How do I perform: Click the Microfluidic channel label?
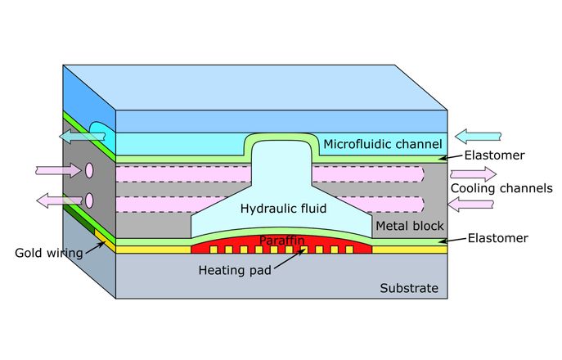tap(382, 145)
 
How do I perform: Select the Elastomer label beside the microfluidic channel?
tap(494, 153)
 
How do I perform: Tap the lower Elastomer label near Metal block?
tap(498, 238)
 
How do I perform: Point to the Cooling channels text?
tap(501, 188)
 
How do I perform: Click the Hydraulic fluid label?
tap(283, 209)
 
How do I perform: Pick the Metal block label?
tap(409, 225)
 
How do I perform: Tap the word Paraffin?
tap(281, 240)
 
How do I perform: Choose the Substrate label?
tap(409, 288)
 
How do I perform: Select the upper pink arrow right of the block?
tap(473, 173)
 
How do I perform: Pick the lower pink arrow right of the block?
tap(472, 205)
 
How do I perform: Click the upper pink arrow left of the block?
tap(57, 170)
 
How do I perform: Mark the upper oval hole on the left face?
tap(88, 171)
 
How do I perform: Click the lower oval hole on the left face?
tap(88, 200)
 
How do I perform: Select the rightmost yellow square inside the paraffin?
tap(349, 249)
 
